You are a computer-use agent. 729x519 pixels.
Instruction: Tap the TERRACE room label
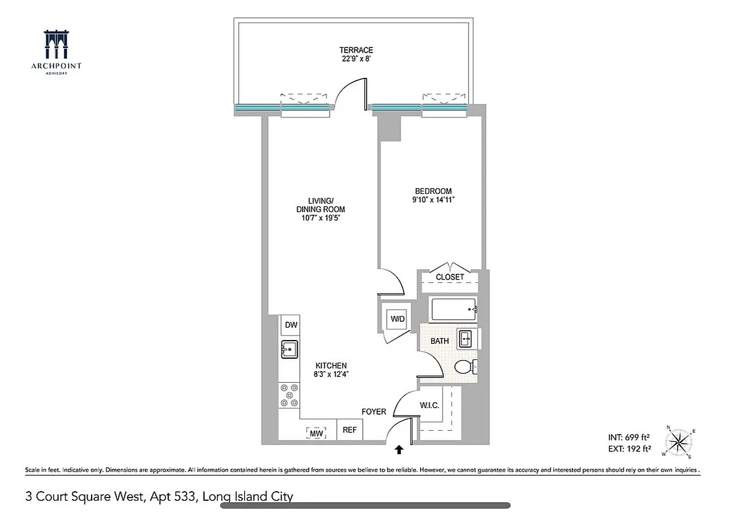[x=356, y=50]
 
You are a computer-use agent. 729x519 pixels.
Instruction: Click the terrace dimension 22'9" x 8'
[x=356, y=58]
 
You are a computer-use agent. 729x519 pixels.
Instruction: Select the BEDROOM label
[x=433, y=191]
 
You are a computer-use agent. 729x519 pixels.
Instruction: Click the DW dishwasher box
[x=290, y=325]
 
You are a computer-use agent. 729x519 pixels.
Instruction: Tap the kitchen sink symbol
[x=289, y=349]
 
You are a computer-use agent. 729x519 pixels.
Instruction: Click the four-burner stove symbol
[x=289, y=395]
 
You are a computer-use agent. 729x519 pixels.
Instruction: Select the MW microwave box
[x=316, y=432]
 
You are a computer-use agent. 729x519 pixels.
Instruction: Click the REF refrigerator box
[x=349, y=429]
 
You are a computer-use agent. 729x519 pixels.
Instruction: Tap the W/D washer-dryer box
[x=397, y=319]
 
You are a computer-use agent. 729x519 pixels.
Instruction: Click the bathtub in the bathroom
[x=453, y=309]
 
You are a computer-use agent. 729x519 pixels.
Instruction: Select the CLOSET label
[x=450, y=277]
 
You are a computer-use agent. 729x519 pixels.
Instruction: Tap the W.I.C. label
[x=430, y=405]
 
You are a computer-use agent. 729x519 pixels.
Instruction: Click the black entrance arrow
[x=399, y=448]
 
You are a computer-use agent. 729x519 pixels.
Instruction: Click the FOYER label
[x=374, y=412]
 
